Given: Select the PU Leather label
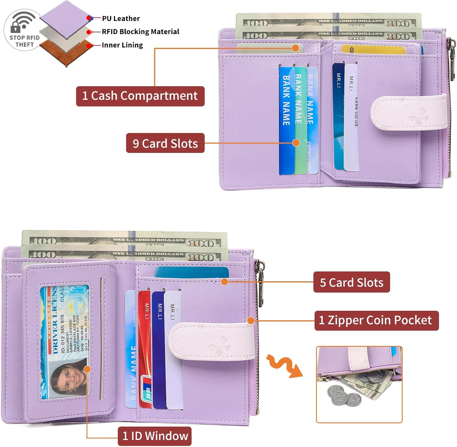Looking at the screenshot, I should click(x=121, y=19).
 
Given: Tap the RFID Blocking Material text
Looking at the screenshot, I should click(x=140, y=32).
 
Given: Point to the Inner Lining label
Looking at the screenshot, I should click(x=122, y=45).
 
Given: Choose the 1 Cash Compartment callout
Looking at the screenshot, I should click(x=140, y=96).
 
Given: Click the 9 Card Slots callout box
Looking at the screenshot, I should click(x=165, y=143).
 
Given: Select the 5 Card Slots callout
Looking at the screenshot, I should click(x=351, y=282).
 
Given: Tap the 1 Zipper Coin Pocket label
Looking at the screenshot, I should click(x=376, y=320).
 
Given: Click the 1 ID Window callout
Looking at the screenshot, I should click(x=155, y=436).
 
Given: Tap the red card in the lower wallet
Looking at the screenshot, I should click(x=145, y=347).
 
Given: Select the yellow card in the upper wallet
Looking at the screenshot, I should click(x=373, y=50).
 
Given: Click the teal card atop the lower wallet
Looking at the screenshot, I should click(x=192, y=272).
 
